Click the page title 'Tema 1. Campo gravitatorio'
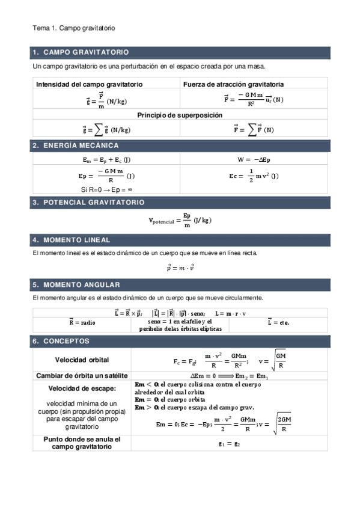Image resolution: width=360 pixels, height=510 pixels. pos(73,28)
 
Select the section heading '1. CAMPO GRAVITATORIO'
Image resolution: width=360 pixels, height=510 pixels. pos(81,52)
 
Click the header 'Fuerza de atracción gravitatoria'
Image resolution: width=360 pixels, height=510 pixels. pos(233,84)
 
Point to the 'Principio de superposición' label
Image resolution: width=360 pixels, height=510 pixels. pos(180,114)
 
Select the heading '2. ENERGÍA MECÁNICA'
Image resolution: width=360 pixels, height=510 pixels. pos(76,146)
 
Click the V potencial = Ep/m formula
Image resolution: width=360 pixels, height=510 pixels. pos(180,220)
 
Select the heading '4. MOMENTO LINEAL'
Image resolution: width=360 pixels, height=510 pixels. pos(72,240)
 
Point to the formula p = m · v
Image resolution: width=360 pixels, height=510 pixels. pos(180,268)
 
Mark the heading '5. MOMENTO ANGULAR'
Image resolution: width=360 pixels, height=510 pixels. pos(76,284)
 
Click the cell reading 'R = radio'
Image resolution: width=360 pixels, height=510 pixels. pos(82,322)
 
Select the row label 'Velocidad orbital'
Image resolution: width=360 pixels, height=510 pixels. pos(82,360)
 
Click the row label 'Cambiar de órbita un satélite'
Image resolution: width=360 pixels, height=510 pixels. pos(82,375)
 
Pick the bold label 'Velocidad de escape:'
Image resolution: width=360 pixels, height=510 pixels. pos(82,388)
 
